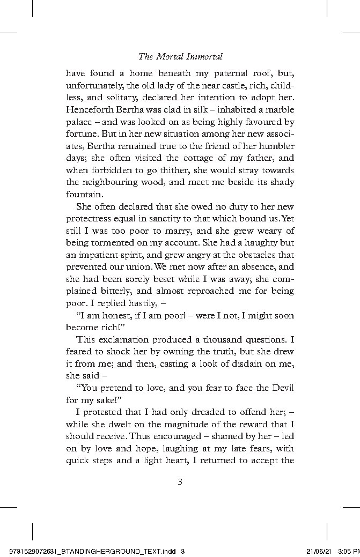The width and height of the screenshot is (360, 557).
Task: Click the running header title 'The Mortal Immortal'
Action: tap(180, 56)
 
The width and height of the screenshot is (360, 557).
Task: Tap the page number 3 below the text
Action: tap(180, 481)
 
